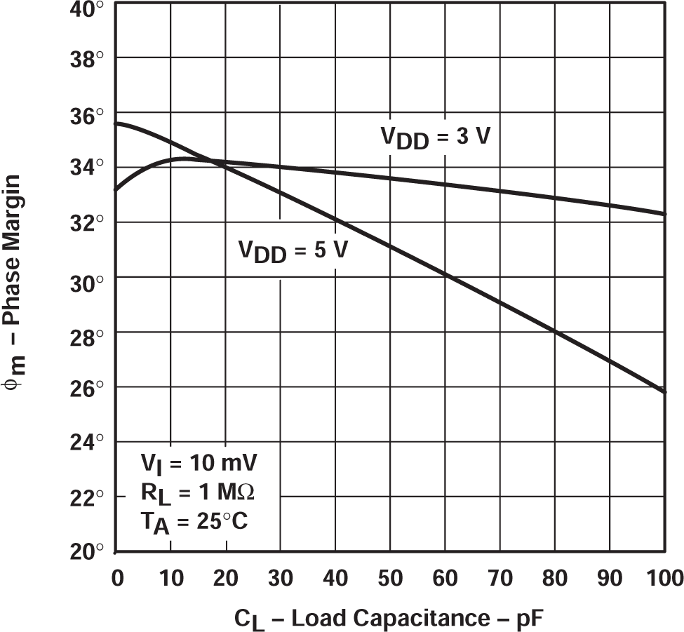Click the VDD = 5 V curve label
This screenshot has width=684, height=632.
pyautogui.click(x=291, y=250)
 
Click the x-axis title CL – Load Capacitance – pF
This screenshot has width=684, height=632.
pyautogui.click(x=389, y=619)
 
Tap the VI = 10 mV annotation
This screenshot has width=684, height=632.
pyautogui.click(x=199, y=464)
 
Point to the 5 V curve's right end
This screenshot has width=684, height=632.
pyautogui.click(x=665, y=391)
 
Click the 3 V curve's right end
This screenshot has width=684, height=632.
pyautogui.click(x=665, y=214)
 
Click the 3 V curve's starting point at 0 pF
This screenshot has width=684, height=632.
pyautogui.click(x=116, y=189)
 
